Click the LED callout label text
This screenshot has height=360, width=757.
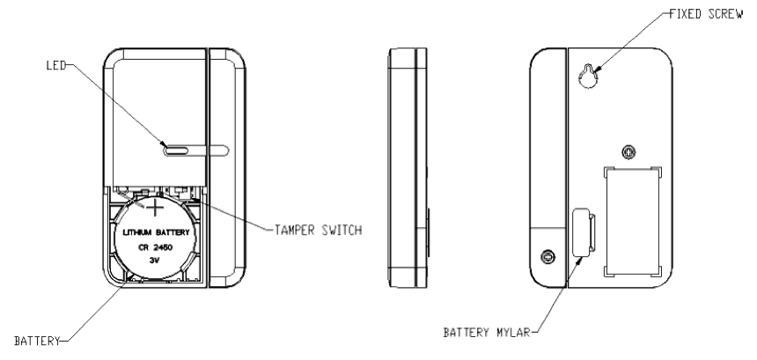[55, 66]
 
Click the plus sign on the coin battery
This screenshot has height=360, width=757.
[154, 209]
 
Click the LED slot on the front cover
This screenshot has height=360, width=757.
[176, 150]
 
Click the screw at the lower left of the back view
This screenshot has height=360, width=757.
[548, 256]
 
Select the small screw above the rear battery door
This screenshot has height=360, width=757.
[628, 151]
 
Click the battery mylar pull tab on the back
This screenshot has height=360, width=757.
[582, 234]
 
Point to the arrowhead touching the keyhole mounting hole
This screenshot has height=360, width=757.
[598, 70]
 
